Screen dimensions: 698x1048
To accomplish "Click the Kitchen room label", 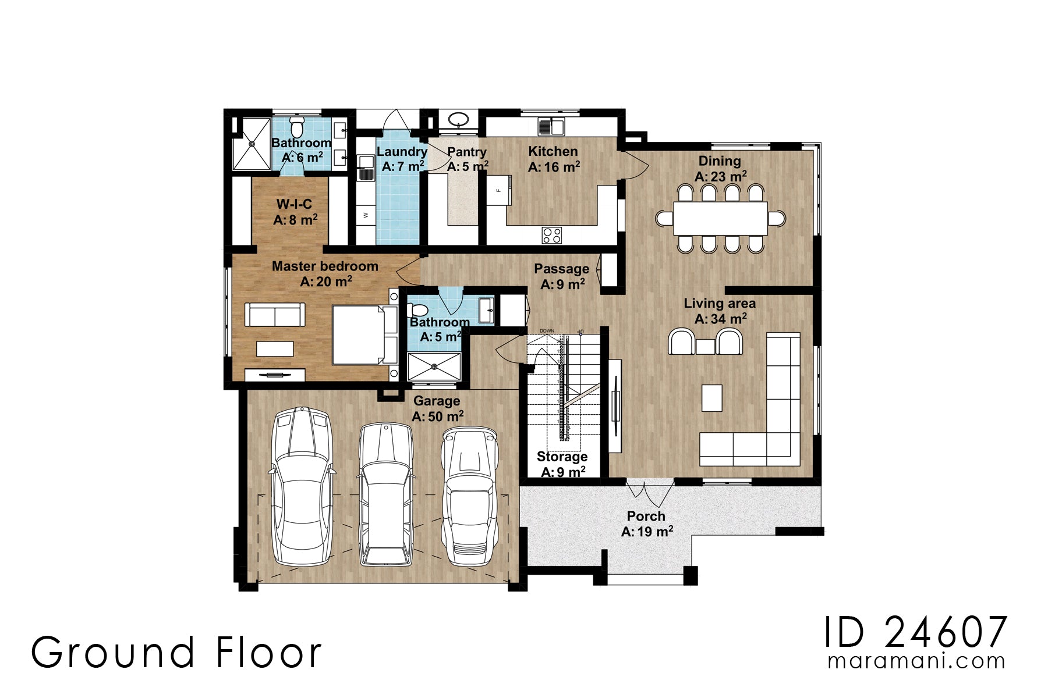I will (553, 152).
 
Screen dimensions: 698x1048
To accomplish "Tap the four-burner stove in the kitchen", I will (552, 235).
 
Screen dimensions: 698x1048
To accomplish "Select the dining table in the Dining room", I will (720, 218).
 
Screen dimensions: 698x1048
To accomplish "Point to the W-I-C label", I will (294, 204).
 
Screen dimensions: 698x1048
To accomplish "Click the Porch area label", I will (646, 516).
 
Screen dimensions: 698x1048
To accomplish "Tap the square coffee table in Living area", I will (711, 398).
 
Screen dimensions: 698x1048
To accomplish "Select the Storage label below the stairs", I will (562, 457).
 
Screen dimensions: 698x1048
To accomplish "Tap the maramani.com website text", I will (916, 661).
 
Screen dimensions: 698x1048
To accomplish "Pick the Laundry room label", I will (402, 152).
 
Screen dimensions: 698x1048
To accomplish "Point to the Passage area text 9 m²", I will (562, 284).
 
